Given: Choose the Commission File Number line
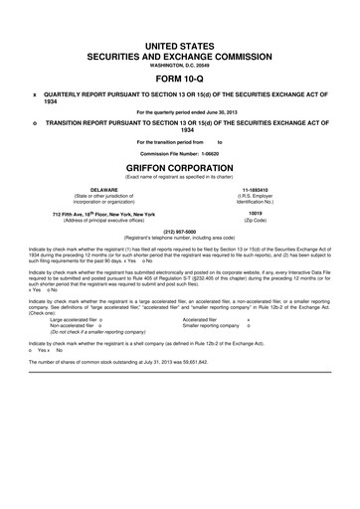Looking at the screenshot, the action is (181, 155).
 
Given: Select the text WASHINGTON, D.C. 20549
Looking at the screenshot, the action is (181, 62).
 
